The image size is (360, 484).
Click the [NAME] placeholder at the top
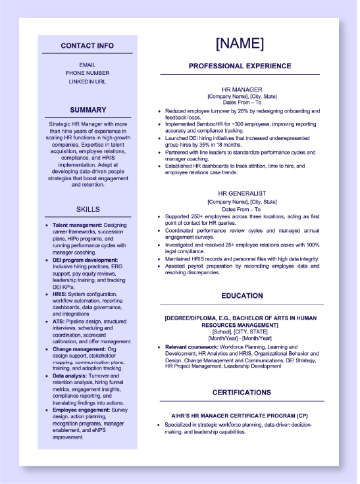pyautogui.click(x=240, y=44)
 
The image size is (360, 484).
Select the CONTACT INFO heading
pyautogui.click(x=87, y=46)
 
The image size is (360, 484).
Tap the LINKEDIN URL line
pyautogui.click(x=87, y=82)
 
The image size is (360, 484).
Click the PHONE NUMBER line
pyautogui.click(x=87, y=73)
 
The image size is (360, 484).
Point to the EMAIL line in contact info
pyautogui.click(x=87, y=64)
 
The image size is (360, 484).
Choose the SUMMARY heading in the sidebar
pyautogui.click(x=88, y=110)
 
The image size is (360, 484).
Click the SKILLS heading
pyautogui.click(x=88, y=209)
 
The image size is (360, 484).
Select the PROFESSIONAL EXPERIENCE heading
pyautogui.click(x=240, y=66)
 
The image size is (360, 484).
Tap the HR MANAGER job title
pyautogui.click(x=242, y=89)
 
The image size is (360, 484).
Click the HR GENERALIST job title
pyautogui.click(x=242, y=194)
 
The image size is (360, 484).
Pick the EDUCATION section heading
pyautogui.click(x=242, y=296)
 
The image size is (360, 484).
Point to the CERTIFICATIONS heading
pyautogui.click(x=242, y=393)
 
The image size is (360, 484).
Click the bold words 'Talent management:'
pyautogui.click(x=78, y=225)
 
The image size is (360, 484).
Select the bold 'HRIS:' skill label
pyautogui.click(x=60, y=295)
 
